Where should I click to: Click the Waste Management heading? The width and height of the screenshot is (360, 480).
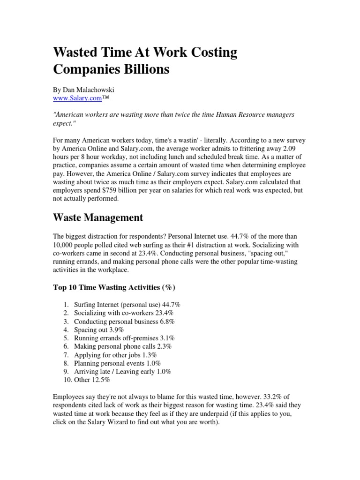point(98,217)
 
